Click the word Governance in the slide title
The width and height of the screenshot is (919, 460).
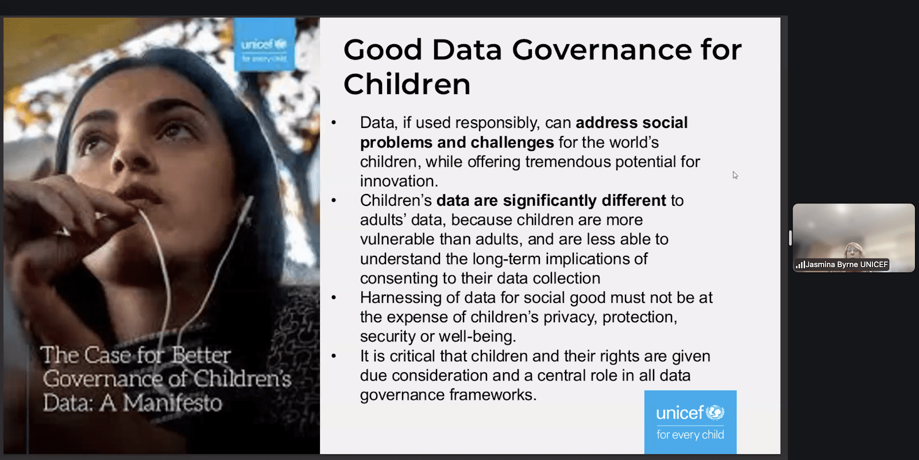click(602, 49)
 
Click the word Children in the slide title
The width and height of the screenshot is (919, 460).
click(407, 84)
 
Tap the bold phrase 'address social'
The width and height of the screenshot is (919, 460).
click(631, 123)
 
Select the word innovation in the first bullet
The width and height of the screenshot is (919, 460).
click(399, 181)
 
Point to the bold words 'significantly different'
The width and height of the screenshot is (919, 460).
click(584, 201)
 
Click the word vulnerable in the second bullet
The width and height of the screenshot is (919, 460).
click(397, 239)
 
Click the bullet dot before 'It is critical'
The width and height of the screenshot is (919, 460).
click(334, 356)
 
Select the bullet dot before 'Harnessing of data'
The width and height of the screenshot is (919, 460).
click(334, 298)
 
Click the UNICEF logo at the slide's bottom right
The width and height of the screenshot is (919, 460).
click(690, 422)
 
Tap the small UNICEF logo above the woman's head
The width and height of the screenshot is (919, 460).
click(264, 45)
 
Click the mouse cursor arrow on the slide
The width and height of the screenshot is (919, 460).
click(735, 176)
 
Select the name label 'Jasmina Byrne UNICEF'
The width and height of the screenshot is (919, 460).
click(847, 264)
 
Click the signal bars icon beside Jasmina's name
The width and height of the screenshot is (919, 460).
click(800, 265)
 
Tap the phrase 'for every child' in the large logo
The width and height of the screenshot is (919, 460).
click(690, 435)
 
